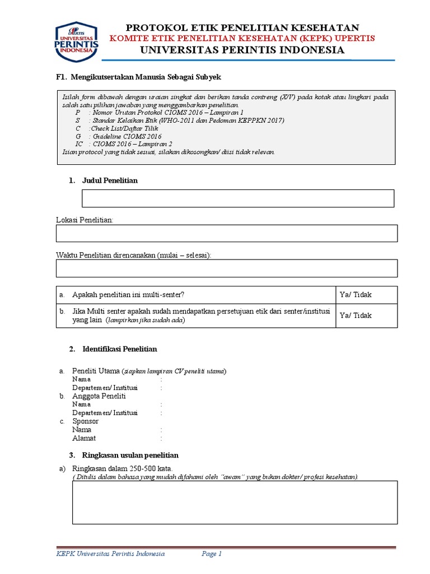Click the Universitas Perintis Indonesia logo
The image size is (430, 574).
click(76, 42)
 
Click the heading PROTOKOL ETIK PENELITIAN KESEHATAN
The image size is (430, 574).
click(242, 27)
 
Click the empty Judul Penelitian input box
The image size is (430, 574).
click(238, 198)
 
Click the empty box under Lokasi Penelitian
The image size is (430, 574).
click(227, 233)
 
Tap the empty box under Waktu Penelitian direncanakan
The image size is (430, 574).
click(227, 269)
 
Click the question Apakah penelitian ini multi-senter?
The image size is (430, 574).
click(129, 295)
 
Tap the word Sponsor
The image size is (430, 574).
click(86, 421)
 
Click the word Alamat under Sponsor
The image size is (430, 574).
click(84, 438)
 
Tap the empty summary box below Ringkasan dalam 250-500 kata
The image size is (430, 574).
click(235, 502)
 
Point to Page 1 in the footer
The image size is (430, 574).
click(212, 554)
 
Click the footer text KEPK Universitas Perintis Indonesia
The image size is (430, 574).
click(111, 554)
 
